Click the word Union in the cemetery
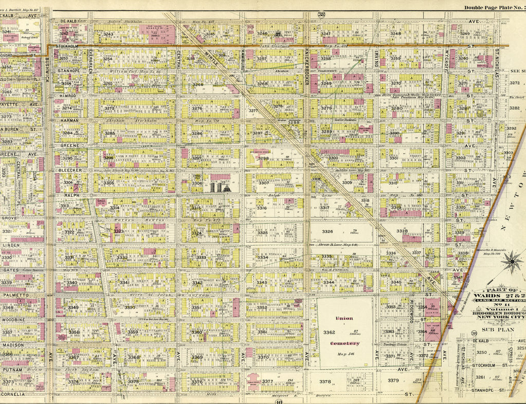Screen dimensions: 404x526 coord(344,318)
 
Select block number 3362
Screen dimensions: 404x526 coord(329,332)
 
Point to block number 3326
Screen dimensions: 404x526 coord(328,232)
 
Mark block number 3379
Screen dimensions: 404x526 coord(393,380)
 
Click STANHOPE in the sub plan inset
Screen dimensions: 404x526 coord(482,390)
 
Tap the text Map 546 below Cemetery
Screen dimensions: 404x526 coord(344,355)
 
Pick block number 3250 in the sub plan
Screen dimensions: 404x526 coord(481,353)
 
